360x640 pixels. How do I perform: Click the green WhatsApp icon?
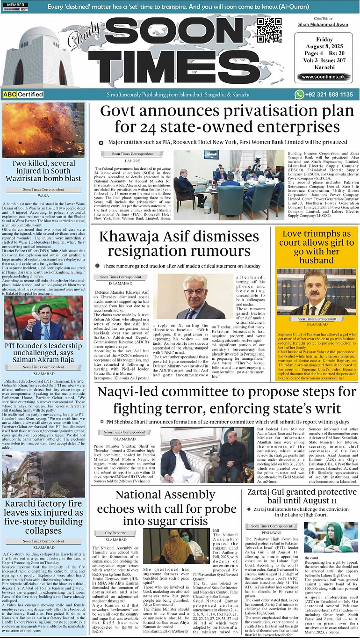(x=299, y=95)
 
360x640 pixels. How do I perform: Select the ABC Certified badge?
(x=23, y=95)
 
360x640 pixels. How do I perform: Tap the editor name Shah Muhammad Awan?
(x=323, y=25)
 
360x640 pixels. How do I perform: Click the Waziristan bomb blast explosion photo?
(x=43, y=130)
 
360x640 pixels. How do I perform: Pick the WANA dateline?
(x=43, y=196)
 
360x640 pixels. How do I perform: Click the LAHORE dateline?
(x=132, y=160)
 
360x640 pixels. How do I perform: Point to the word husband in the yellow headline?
(x=317, y=260)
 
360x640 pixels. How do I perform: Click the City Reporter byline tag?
(x=115, y=533)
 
